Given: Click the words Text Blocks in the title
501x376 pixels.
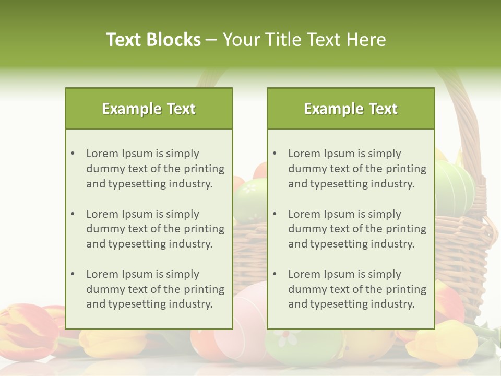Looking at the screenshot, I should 153,40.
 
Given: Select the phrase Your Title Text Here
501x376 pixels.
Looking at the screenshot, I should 304,40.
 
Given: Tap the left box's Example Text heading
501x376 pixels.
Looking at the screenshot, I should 149,109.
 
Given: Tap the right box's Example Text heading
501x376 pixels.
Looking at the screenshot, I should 351,109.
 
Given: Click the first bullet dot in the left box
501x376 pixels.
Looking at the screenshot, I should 73,154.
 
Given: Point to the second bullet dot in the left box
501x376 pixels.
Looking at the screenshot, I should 73,214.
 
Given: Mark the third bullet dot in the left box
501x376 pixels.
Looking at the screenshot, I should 73,274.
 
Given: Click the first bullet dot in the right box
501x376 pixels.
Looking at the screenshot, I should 275,154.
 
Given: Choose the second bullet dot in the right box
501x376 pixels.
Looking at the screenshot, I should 275,214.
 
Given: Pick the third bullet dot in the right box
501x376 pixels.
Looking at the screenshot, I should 275,274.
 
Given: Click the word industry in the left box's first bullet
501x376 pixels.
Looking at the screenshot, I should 190,184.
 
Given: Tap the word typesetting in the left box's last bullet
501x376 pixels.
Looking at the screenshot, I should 137,304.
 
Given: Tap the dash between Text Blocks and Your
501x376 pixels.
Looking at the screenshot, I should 211,40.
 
